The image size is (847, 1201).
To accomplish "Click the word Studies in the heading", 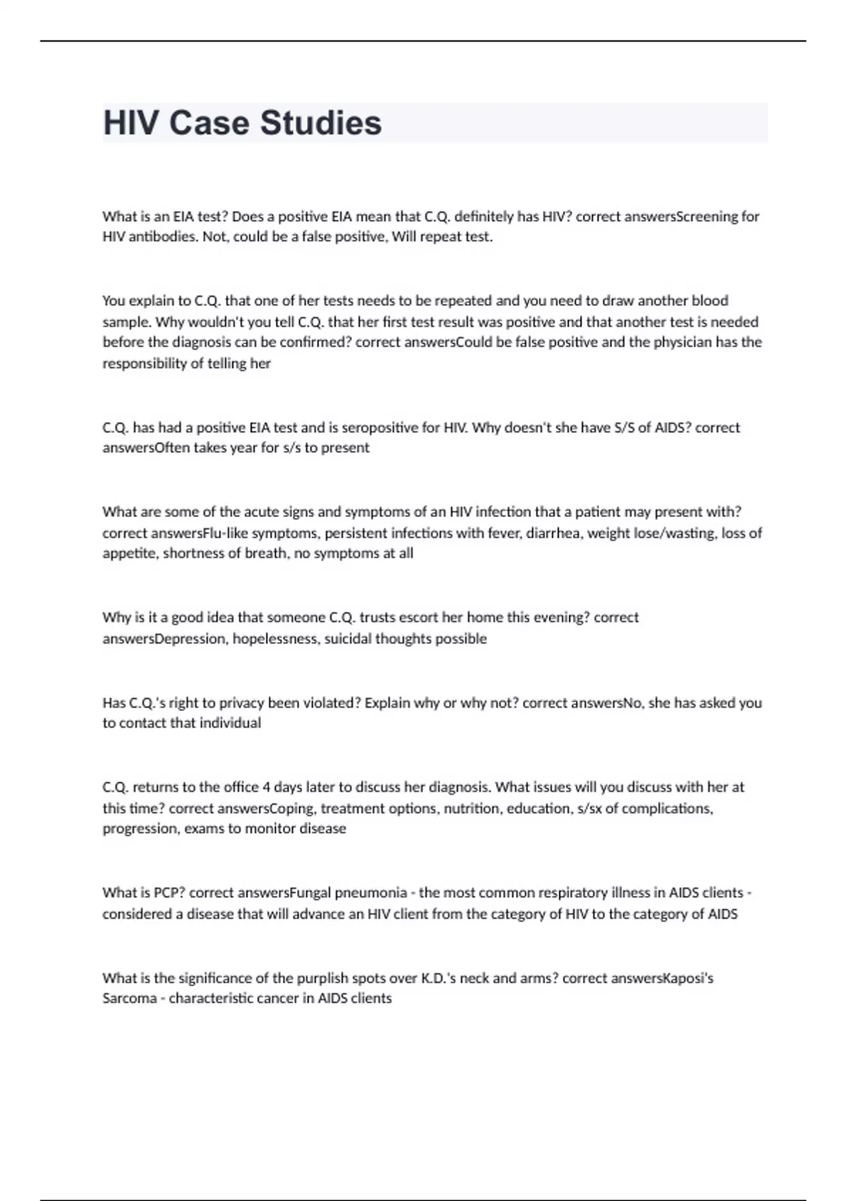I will (321, 123).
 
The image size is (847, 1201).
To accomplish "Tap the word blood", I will (709, 300).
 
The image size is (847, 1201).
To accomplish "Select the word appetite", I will (130, 553).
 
